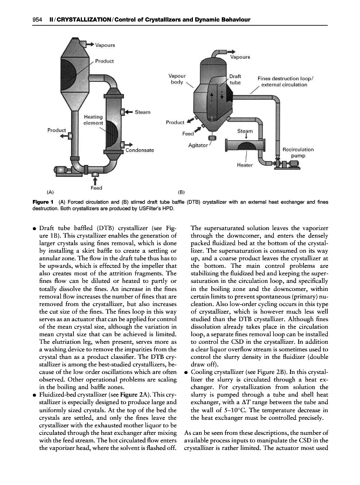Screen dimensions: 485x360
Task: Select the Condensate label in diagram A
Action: tap(140, 150)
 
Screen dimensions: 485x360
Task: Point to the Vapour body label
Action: tap(177, 80)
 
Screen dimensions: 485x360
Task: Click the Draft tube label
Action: tap(236, 80)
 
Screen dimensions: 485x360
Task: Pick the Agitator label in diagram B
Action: tap(198, 145)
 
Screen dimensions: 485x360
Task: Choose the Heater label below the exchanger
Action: tap(245, 164)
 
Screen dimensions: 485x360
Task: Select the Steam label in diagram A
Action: tap(142, 112)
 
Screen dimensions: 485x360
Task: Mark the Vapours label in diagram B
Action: tap(240, 57)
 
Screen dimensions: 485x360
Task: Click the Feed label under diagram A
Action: tap(96, 188)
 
